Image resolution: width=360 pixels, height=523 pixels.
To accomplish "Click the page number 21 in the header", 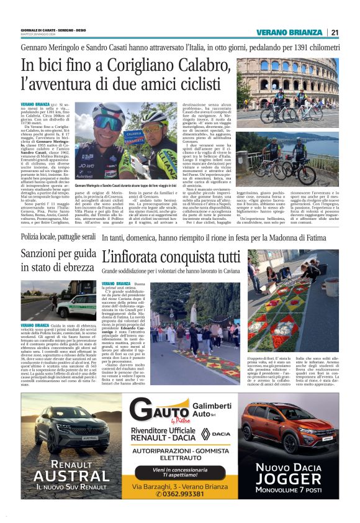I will click(335, 33).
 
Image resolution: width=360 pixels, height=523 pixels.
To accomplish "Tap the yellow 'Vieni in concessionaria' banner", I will click(179, 473).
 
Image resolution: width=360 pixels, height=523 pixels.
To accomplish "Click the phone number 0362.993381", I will click(180, 495).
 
